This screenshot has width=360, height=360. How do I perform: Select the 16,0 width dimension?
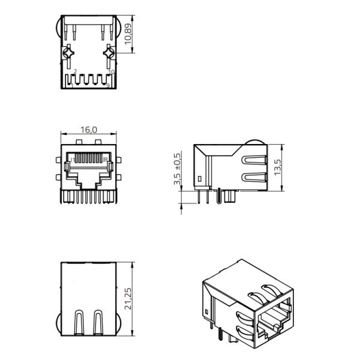(x=89, y=129)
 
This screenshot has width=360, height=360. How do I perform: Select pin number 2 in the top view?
(x=74, y=71)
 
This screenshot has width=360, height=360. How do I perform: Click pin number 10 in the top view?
(x=111, y=71)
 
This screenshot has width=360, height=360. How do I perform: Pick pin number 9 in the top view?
(x=107, y=86)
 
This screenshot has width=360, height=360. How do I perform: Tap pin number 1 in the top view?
(x=71, y=86)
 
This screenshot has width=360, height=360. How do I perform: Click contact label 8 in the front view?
(x=106, y=160)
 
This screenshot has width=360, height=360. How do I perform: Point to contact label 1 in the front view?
(x=72, y=160)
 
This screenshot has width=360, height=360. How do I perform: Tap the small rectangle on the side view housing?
(x=199, y=179)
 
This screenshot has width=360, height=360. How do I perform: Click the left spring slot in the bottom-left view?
(x=79, y=322)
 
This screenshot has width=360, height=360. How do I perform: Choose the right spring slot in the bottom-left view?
(x=98, y=322)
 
